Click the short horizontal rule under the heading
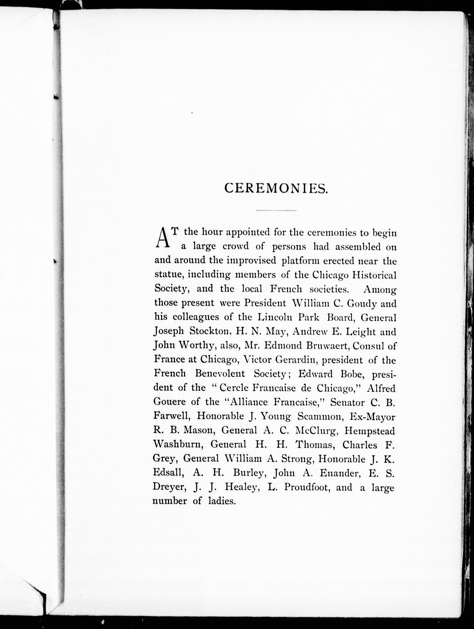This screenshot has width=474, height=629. pos(276,211)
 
